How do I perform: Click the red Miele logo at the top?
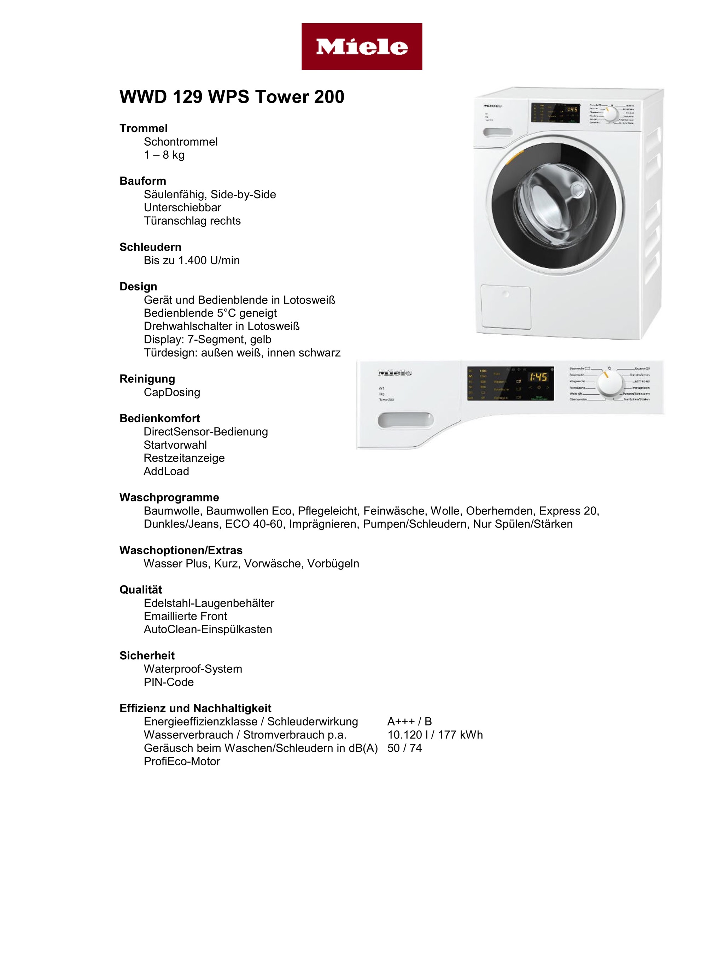361,47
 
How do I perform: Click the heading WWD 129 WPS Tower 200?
232,97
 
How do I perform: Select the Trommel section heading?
144,128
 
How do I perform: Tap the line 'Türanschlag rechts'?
192,221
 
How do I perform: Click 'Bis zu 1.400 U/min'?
192,260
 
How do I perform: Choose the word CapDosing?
172,392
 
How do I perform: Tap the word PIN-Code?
169,682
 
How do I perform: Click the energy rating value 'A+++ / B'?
409,722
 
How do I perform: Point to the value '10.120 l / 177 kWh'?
435,735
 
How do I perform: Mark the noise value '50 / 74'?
404,748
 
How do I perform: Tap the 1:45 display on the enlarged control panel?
538,377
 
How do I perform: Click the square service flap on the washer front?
506,307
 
